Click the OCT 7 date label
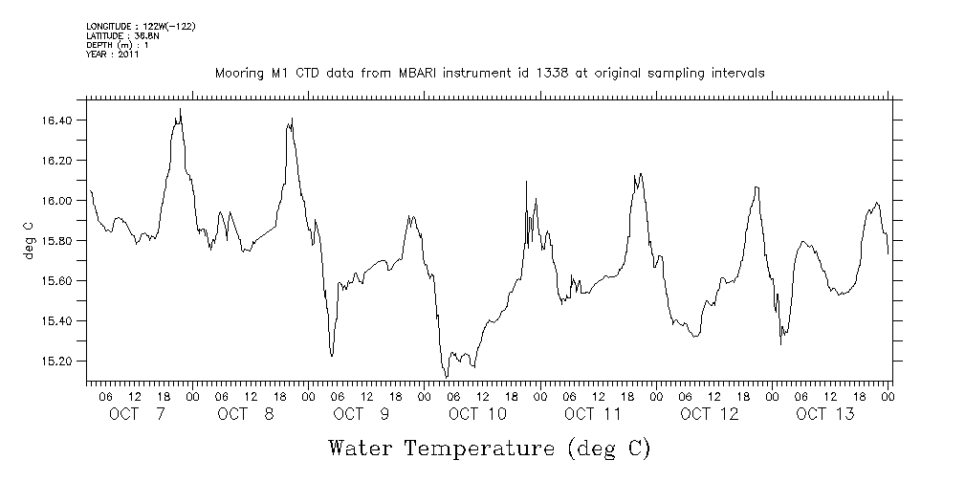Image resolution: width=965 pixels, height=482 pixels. (136, 414)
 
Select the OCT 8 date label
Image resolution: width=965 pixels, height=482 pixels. (246, 414)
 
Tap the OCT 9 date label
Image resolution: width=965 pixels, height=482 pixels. (362, 414)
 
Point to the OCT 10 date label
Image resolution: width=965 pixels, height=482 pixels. (477, 414)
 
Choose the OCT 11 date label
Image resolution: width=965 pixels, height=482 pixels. (593, 414)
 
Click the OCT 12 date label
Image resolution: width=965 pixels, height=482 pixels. (709, 414)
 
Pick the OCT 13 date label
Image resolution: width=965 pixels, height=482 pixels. (824, 414)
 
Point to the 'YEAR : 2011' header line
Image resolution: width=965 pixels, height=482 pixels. (113, 55)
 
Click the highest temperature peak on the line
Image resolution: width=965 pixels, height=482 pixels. (181, 110)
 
